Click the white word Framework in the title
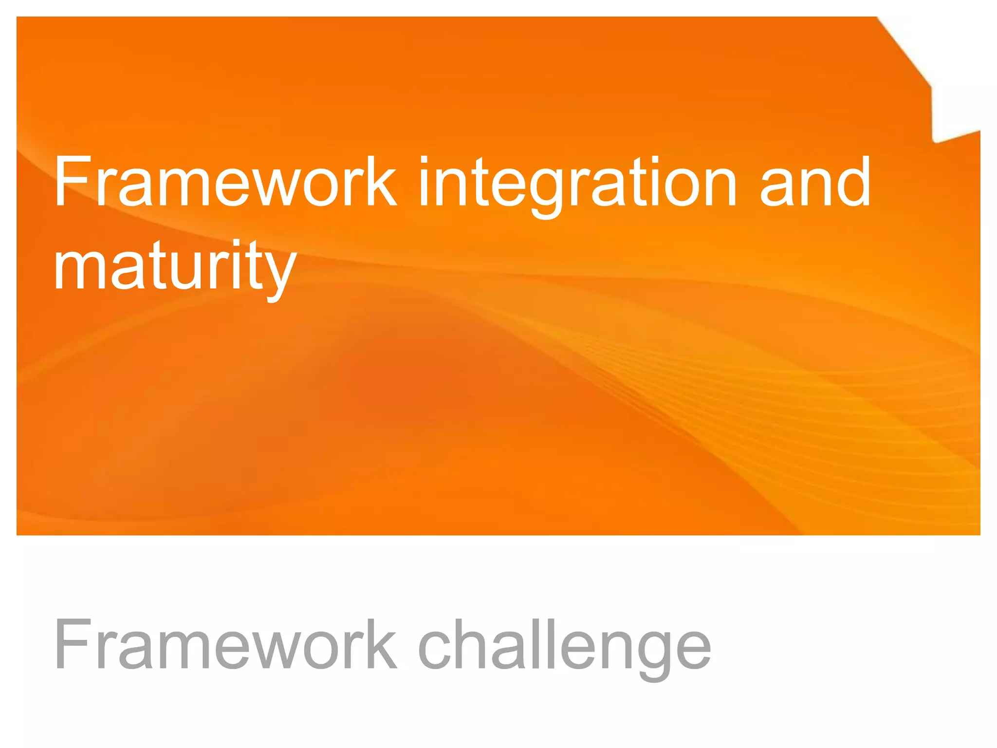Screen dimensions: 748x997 click(225, 181)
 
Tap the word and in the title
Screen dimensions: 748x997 click(815, 181)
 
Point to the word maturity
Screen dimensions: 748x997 click(175, 266)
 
